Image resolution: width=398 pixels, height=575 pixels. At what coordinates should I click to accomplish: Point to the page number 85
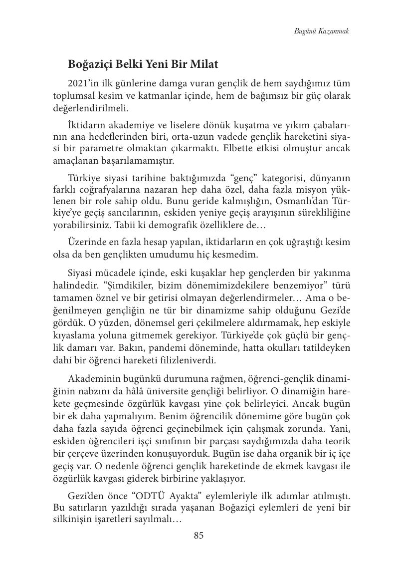pyautogui.click(x=199, y=536)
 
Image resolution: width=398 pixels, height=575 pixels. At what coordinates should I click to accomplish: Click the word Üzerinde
pyautogui.click(x=85, y=243)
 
